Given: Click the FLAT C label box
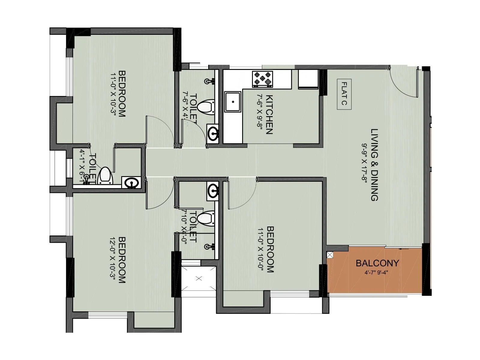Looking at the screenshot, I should coord(344,94).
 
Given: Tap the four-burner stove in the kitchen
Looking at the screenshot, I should coord(262,79).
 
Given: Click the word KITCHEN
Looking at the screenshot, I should coord(269,115).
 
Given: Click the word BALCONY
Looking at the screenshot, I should coord(377,263).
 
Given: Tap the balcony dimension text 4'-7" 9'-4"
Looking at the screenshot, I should coord(377,273).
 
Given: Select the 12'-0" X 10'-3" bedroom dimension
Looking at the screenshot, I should coord(112,260).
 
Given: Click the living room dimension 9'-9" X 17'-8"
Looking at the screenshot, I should coord(365,165).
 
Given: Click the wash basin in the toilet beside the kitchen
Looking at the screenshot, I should coord(213,133).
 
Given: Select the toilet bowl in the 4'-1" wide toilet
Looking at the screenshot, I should coord(105,175).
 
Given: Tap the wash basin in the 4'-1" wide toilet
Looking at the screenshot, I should coord(131,183).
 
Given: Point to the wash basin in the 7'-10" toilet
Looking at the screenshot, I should coord(213,191).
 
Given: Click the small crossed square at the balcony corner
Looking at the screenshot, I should coord(330,255).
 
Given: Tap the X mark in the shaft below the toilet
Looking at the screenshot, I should coord(199,278).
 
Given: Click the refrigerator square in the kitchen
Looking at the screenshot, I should coord(308,79).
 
